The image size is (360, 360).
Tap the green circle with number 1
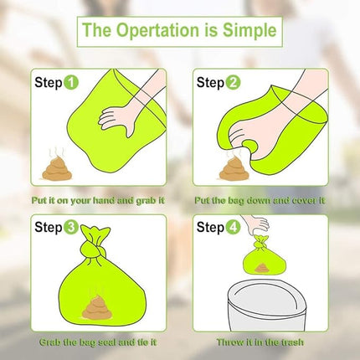click(x=71, y=83)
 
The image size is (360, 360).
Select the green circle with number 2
click(x=234, y=83)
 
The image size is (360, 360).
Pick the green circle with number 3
click(x=71, y=228)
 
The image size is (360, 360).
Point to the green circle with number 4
click(x=234, y=228)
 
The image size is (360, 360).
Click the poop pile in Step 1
click(x=56, y=167)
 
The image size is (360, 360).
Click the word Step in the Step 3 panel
click(x=47, y=228)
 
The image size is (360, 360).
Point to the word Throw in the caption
click(x=231, y=345)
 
